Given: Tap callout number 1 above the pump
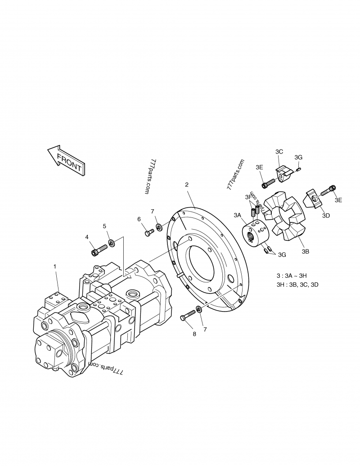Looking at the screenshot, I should tap(55, 267).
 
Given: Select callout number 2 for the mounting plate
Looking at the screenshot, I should tap(186, 185).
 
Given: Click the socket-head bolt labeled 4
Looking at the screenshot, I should tap(99, 249).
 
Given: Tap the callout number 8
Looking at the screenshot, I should tap(182, 334).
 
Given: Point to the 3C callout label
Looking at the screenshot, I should tap(279, 152).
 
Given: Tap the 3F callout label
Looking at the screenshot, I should tap(248, 197).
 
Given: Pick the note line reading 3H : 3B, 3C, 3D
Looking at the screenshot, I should tap(297, 285).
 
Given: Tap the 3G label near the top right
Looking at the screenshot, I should tap(298, 157).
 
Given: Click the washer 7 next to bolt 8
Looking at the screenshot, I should tap(198, 311).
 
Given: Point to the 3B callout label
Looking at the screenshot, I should tap(305, 251).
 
